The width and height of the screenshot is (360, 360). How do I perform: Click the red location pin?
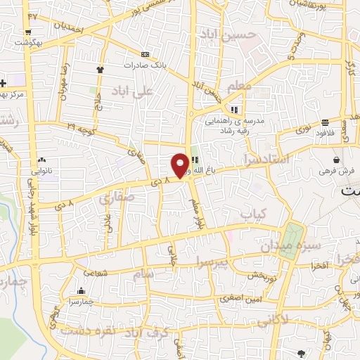180,165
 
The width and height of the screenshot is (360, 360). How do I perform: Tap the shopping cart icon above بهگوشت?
27,32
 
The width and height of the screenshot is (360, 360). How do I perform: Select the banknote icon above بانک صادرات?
145,54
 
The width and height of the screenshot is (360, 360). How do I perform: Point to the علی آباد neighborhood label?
138,91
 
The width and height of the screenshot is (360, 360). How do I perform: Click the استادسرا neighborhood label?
268,160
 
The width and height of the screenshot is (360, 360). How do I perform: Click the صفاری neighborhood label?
116,199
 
